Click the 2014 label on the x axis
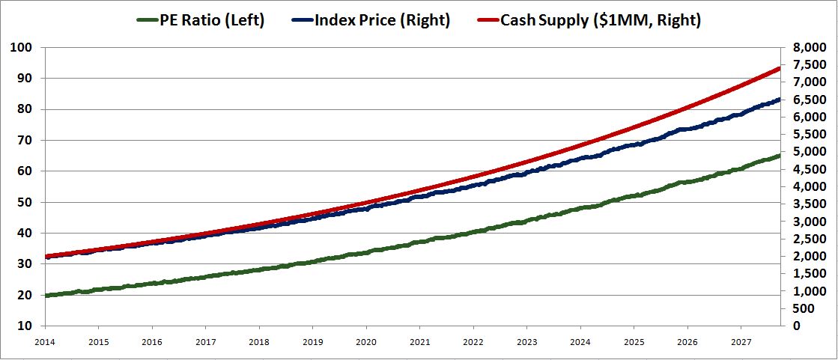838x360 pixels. [45, 341]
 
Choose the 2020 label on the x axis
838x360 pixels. [366, 341]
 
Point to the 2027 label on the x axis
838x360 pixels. [741, 341]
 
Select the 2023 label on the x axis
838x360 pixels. [526, 341]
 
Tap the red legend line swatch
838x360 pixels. [489, 21]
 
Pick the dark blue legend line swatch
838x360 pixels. [299, 21]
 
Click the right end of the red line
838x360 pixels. [780, 68]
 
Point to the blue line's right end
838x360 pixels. [780, 100]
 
